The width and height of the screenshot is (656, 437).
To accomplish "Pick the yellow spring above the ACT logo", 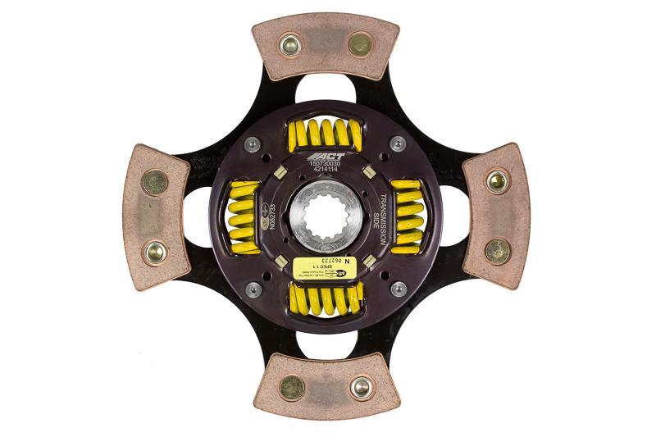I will click(x=326, y=134).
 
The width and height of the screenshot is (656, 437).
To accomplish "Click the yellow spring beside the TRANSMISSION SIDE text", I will click(x=408, y=216).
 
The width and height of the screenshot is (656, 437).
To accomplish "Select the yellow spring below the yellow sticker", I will click(x=326, y=298).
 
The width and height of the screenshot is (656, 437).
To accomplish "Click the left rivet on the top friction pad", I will click(x=289, y=44).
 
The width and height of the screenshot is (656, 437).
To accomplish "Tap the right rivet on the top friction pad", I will click(x=360, y=44).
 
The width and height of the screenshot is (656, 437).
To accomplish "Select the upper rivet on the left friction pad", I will click(x=155, y=182).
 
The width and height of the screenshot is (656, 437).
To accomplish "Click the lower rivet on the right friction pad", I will click(x=497, y=251).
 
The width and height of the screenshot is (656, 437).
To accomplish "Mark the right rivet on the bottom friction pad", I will click(x=361, y=387).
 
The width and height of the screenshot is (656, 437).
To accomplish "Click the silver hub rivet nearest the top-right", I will click(x=398, y=144).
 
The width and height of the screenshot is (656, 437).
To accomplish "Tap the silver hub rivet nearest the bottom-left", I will click(x=253, y=289).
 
